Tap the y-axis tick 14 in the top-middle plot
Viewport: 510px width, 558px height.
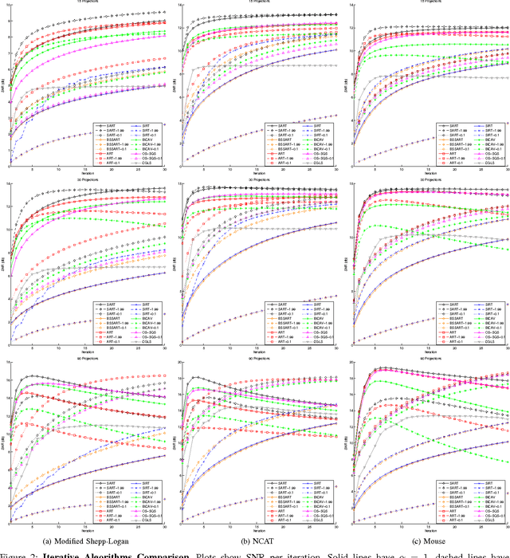(178, 6)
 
